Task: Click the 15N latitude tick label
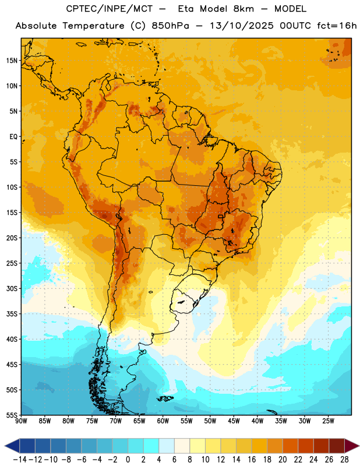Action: pos(12,61)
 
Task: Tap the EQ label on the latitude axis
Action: pos(13,137)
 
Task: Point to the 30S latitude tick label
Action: pos(12,288)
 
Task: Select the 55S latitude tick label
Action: pos(12,415)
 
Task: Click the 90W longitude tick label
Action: pos(21,421)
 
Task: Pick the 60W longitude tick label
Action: pos(163,421)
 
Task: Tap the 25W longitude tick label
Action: pos(328,421)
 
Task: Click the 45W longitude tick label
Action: pos(234,421)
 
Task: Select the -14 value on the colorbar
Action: pos(20,460)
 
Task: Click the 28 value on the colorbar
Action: pos(344,460)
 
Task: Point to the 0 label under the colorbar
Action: pos(128,460)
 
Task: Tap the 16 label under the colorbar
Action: pos(252,460)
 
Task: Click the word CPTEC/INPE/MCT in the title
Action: pos(110,9)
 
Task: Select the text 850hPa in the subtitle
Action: pos(170,26)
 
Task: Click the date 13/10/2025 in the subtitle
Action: pos(241,26)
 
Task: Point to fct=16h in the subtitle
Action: pos(337,26)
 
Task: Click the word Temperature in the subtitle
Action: pos(93,26)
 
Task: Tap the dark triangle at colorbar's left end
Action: pos(12,446)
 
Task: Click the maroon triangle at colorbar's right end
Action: pos(352,446)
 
